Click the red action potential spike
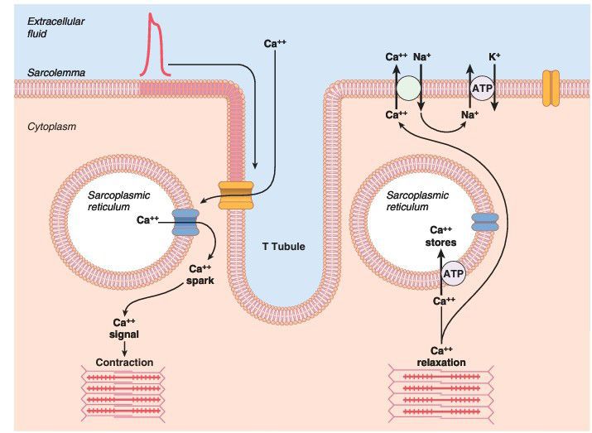[154, 46]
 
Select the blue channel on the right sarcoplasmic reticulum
[484, 221]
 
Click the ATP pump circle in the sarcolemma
[481, 87]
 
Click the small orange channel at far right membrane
[551, 87]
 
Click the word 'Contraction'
[124, 363]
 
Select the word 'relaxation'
[441, 363]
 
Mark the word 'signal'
[124, 335]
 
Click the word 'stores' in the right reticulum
[441, 243]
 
